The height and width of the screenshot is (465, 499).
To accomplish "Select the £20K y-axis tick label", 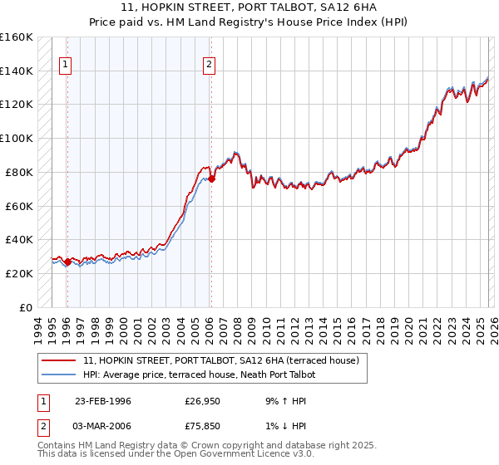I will click(x=19, y=273).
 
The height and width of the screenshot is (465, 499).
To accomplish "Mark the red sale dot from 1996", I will click(x=68, y=262).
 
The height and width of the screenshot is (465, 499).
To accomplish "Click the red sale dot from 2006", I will click(x=211, y=179).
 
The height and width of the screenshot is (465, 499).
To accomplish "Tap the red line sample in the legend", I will click(x=58, y=361).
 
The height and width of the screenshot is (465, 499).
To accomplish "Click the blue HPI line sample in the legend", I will click(x=58, y=375).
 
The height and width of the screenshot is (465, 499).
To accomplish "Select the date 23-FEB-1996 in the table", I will click(x=102, y=401).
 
